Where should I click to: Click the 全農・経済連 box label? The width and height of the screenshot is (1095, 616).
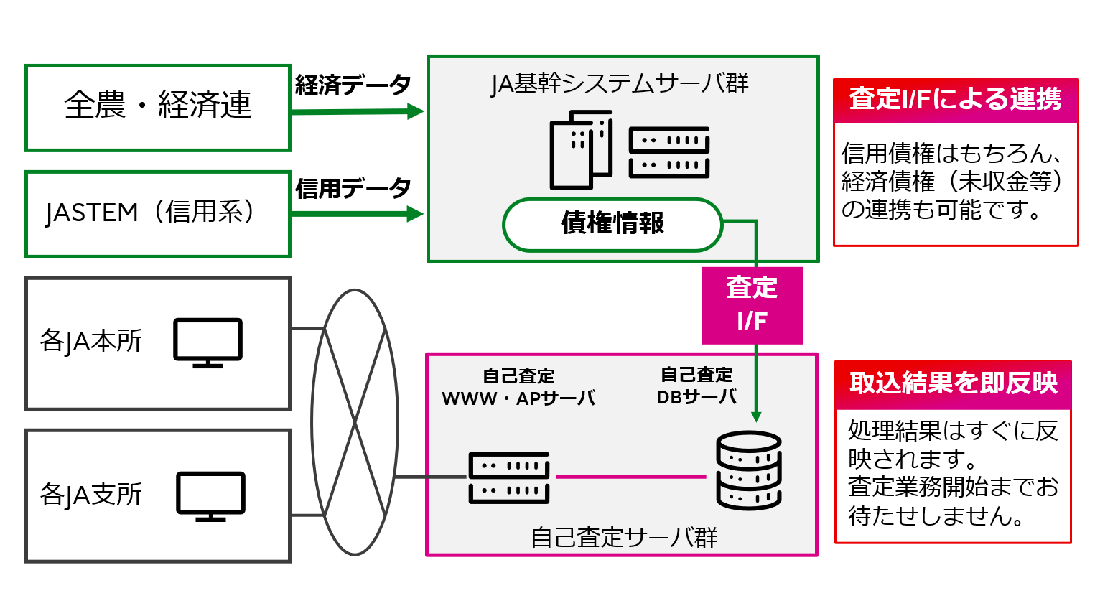point(158,106)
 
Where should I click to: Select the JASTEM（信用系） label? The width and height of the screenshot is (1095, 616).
point(150,212)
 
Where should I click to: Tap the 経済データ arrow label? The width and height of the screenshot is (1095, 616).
point(353,85)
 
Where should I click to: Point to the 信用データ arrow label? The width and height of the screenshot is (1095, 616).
point(353,188)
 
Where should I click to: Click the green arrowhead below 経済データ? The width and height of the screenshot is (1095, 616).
point(415,111)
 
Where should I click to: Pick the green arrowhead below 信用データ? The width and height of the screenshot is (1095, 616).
point(415,214)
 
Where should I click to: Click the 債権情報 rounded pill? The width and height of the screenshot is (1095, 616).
point(612,224)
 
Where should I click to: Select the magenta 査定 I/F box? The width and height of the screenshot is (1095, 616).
point(752,305)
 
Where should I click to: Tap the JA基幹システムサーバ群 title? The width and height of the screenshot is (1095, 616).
point(620,84)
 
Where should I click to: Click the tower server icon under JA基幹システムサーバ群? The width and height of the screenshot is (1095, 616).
point(581,150)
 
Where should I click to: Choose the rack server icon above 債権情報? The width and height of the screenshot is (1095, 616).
point(668,152)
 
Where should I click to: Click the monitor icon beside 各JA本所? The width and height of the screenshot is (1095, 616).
point(208,342)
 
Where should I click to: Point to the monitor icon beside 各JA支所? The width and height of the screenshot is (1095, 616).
point(210,496)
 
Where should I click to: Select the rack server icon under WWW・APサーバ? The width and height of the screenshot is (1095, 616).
point(508,477)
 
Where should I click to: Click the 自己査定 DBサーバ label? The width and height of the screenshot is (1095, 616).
point(696,386)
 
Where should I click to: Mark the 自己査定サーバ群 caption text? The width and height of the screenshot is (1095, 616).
point(623,537)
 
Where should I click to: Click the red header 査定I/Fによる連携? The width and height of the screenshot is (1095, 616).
point(955,100)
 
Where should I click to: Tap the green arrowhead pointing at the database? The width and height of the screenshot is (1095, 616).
point(756,416)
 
